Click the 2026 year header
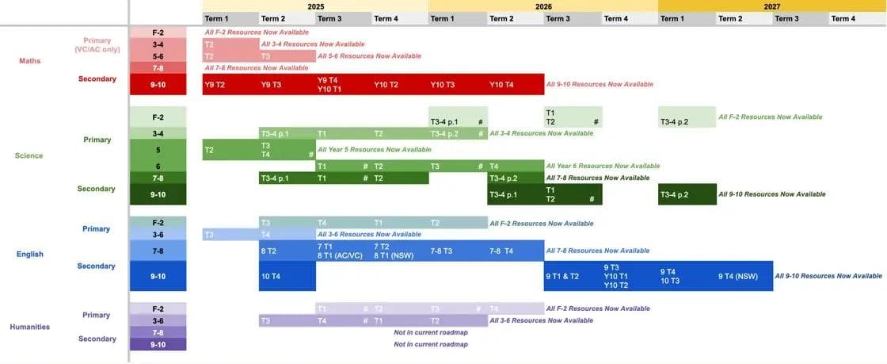(x=543, y=6)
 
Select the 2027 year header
(x=771, y=6)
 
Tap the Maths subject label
(x=29, y=61)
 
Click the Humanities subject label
(x=29, y=327)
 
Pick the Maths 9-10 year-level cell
(x=158, y=84)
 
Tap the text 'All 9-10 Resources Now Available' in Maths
(x=600, y=84)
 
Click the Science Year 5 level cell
(x=158, y=149)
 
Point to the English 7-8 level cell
(x=158, y=251)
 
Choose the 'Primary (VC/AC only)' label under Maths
(x=97, y=45)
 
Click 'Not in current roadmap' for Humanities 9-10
(x=431, y=344)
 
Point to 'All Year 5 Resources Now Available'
(x=374, y=149)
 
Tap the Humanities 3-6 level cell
(x=158, y=320)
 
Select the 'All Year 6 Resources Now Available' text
(x=603, y=166)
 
